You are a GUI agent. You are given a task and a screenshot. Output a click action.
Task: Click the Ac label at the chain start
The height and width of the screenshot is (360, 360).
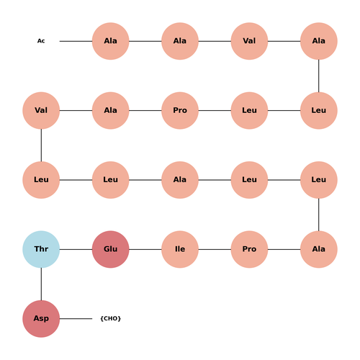pos(41,41)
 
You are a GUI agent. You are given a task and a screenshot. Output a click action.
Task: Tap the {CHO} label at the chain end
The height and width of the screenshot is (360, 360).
pos(110,318)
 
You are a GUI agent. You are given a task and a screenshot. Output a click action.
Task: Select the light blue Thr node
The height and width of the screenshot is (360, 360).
pos(41,249)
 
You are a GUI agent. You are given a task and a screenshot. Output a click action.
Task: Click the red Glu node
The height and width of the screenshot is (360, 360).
pos(110,249)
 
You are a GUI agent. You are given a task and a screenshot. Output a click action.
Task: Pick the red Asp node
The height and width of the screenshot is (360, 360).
pos(41,318)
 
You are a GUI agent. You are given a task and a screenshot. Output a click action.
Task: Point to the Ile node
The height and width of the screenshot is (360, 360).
pos(180,249)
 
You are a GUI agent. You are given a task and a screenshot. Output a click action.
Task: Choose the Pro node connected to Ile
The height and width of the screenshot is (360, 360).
pos(249,249)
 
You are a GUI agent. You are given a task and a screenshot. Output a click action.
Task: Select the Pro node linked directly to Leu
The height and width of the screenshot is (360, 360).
pos(180,110)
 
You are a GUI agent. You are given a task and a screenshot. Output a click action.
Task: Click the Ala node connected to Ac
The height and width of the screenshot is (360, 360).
pos(110,41)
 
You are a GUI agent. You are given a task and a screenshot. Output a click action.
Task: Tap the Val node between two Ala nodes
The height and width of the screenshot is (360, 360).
pos(249,41)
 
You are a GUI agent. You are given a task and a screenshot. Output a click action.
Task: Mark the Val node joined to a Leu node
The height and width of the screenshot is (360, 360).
pos(41,110)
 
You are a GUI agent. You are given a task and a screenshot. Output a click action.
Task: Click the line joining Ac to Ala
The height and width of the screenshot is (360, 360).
pos(76,41)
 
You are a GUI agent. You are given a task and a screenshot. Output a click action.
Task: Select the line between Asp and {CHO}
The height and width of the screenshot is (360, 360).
pos(76,318)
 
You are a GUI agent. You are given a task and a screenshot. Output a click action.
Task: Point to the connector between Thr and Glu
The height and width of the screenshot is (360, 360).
pos(76,249)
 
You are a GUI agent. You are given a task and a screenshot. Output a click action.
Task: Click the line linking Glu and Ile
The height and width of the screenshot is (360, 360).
pos(145,249)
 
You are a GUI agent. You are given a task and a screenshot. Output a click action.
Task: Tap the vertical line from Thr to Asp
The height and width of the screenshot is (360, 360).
pos(41,284)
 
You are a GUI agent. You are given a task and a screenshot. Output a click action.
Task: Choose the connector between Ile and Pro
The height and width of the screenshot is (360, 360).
pos(215,249)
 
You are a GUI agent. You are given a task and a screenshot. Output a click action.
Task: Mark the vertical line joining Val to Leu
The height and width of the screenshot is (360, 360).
pos(41,145)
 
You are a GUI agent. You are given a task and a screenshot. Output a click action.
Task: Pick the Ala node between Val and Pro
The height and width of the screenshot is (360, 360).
pos(110,110)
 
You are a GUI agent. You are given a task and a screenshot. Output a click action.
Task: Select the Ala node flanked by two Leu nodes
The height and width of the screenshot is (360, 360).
pos(180,180)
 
